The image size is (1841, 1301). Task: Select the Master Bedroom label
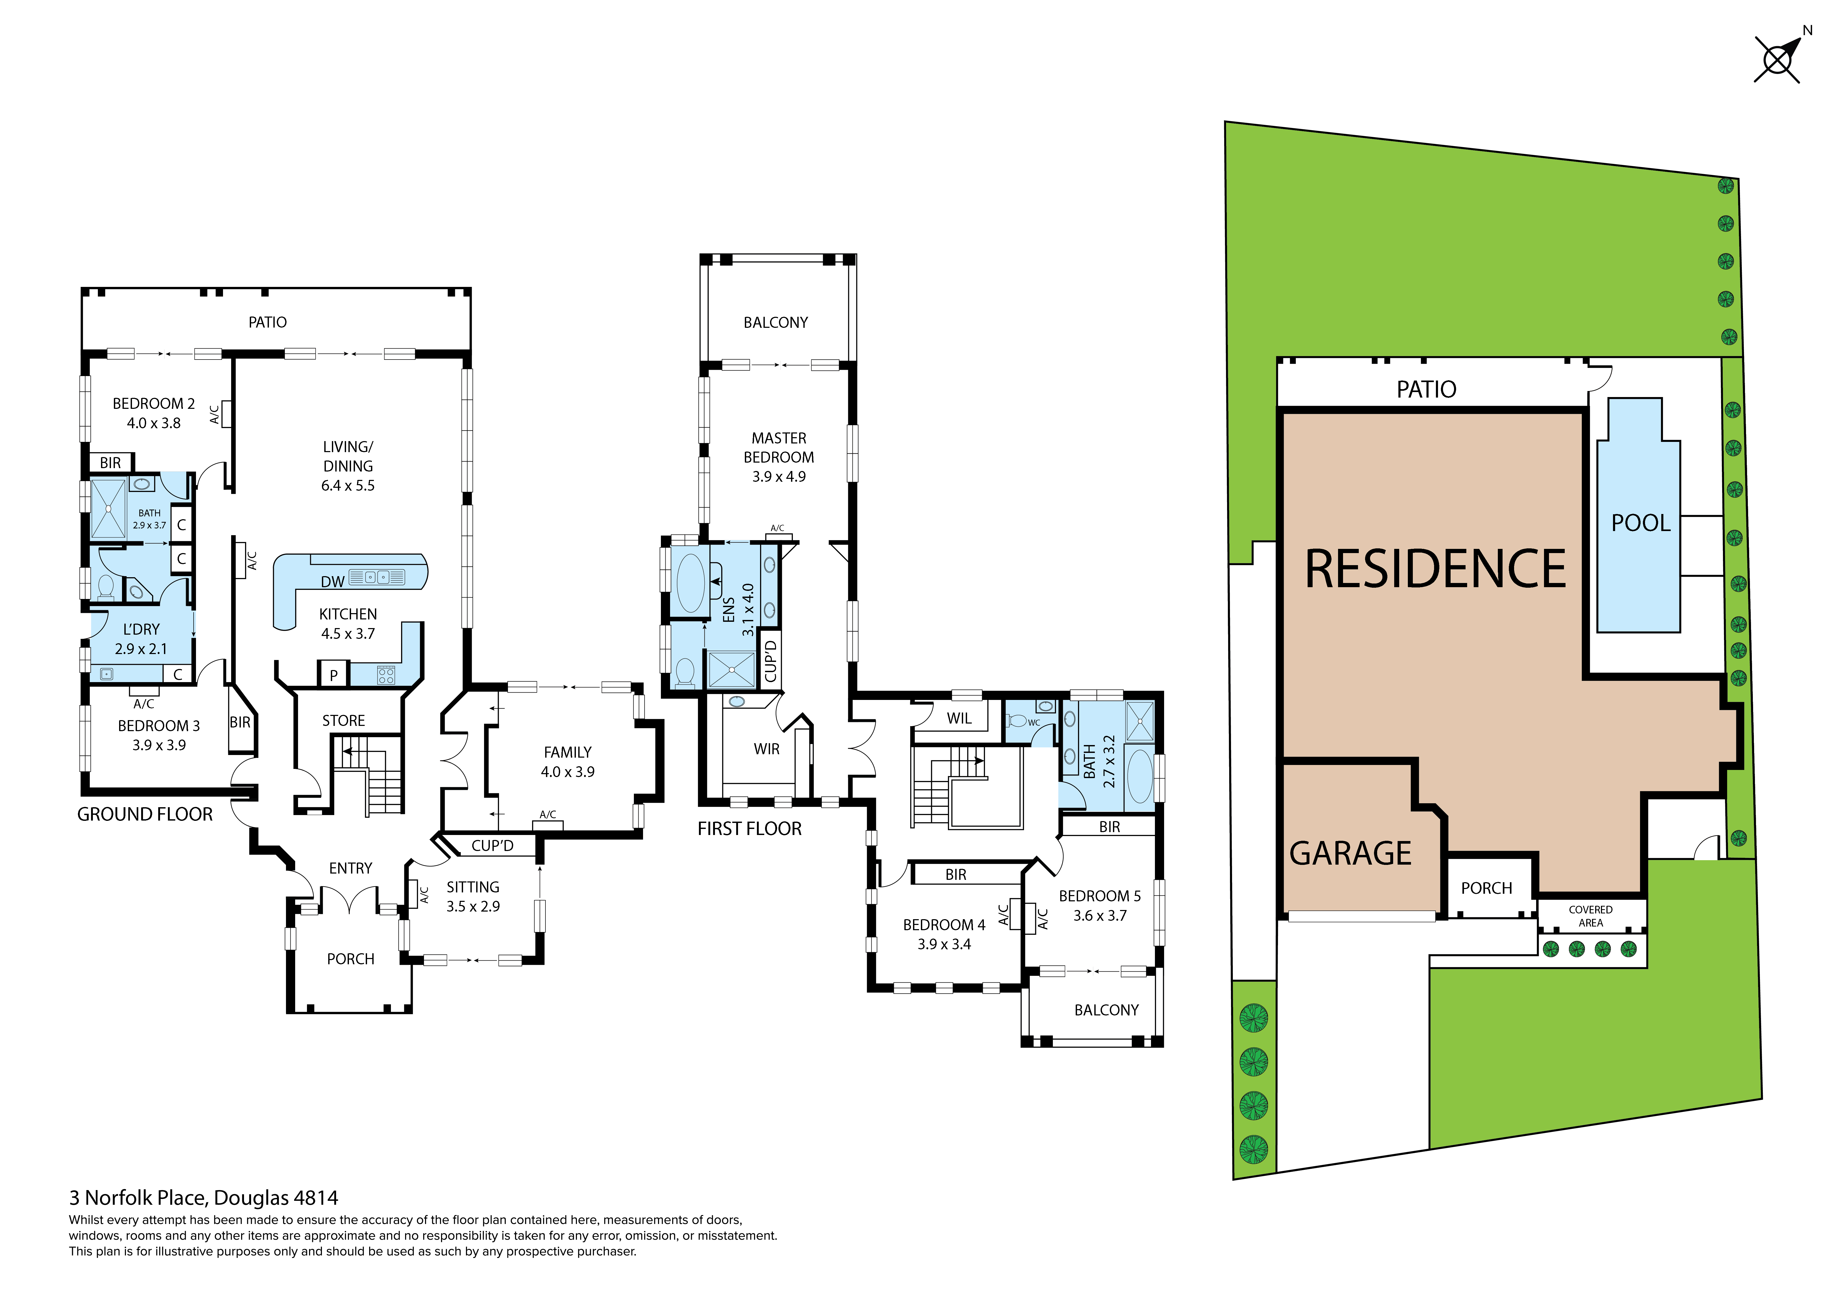coord(779,448)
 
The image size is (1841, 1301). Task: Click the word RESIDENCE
coord(1435,569)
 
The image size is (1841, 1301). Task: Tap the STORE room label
coord(343,721)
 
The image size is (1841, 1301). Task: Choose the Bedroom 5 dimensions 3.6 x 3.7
coord(1100,915)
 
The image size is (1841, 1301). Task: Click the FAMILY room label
coord(568,752)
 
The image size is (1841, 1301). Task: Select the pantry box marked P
coord(333,674)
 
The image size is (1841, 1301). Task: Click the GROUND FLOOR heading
coord(145,815)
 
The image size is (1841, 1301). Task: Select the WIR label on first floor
coord(767,749)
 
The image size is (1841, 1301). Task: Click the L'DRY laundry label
coord(141,629)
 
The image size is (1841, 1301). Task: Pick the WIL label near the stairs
coord(959,718)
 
